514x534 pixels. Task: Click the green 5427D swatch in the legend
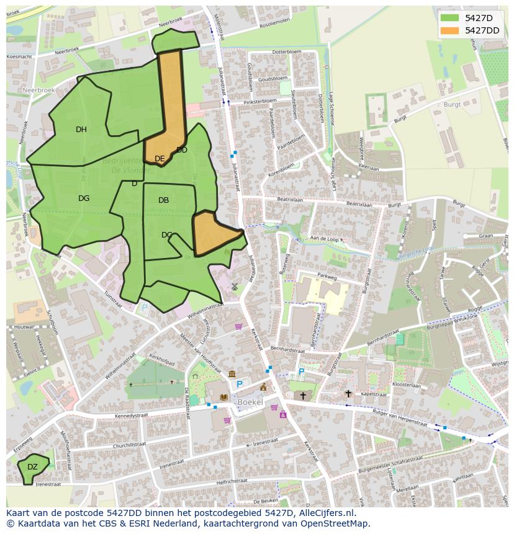(450, 18)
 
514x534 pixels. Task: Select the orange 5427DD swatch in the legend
(450, 30)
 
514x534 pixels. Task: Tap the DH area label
(81, 130)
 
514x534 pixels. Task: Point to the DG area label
(84, 198)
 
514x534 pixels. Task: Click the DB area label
(163, 200)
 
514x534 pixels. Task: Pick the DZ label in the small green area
(32, 467)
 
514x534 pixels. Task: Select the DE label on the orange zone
(160, 159)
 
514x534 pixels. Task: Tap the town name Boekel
(250, 402)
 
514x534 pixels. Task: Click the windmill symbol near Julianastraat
(235, 286)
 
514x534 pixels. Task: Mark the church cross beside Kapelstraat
(348, 393)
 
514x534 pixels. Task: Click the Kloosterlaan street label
(407, 385)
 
